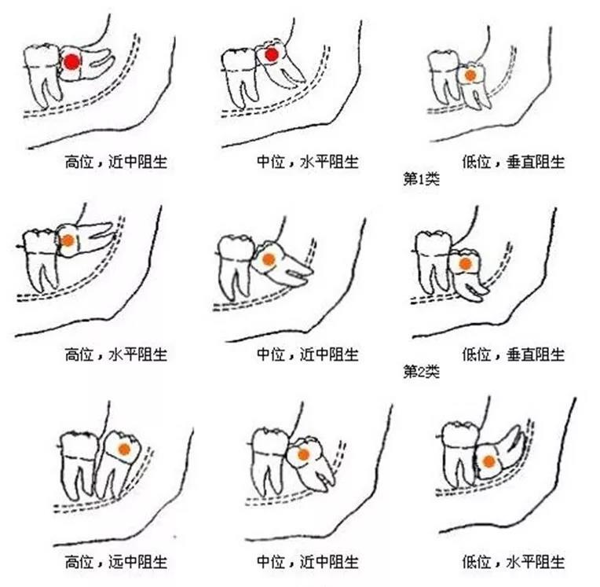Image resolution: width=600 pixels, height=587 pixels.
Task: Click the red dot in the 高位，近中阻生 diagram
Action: click(71, 61)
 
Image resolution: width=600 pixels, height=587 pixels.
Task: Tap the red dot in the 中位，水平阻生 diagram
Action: click(271, 55)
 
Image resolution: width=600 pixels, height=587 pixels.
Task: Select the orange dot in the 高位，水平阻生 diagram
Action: click(68, 240)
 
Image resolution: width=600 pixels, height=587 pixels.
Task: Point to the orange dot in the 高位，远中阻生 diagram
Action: click(124, 449)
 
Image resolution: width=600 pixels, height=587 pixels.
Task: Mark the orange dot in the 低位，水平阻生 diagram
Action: click(488, 461)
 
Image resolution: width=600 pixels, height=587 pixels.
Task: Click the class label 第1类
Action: click(421, 178)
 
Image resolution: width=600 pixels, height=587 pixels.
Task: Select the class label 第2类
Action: click(421, 371)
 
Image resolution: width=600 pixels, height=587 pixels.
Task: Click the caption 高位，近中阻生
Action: click(116, 162)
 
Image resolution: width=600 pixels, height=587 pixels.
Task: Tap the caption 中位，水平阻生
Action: click(308, 162)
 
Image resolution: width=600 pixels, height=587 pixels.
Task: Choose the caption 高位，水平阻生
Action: click(116, 354)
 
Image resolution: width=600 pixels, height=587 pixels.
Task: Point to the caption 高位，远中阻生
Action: click(116, 562)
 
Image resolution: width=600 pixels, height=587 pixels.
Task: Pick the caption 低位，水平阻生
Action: click(513, 562)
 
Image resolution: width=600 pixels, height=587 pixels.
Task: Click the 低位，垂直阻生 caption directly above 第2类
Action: click(513, 354)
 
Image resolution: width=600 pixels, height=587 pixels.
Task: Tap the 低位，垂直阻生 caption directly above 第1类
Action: click(513, 162)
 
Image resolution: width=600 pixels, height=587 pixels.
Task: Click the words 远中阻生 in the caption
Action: click(137, 562)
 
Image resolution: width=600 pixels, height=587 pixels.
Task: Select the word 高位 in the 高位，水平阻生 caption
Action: click(79, 354)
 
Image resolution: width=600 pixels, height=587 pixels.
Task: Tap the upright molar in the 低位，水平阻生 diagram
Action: click(459, 453)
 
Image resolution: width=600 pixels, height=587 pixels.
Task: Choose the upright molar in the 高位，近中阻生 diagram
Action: click(42, 75)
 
